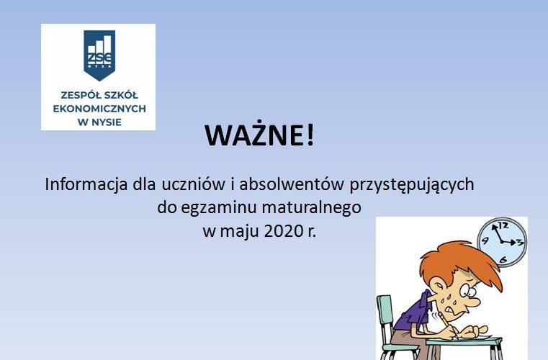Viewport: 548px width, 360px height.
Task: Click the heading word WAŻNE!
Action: tap(260, 135)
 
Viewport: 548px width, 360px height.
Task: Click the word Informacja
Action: tap(86, 184)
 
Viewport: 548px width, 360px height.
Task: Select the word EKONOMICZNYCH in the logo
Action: tap(98, 107)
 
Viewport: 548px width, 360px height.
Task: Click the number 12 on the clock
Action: tap(504, 225)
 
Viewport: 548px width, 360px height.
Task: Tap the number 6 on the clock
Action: tap(503, 258)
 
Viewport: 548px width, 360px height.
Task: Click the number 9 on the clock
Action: tap(486, 240)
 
